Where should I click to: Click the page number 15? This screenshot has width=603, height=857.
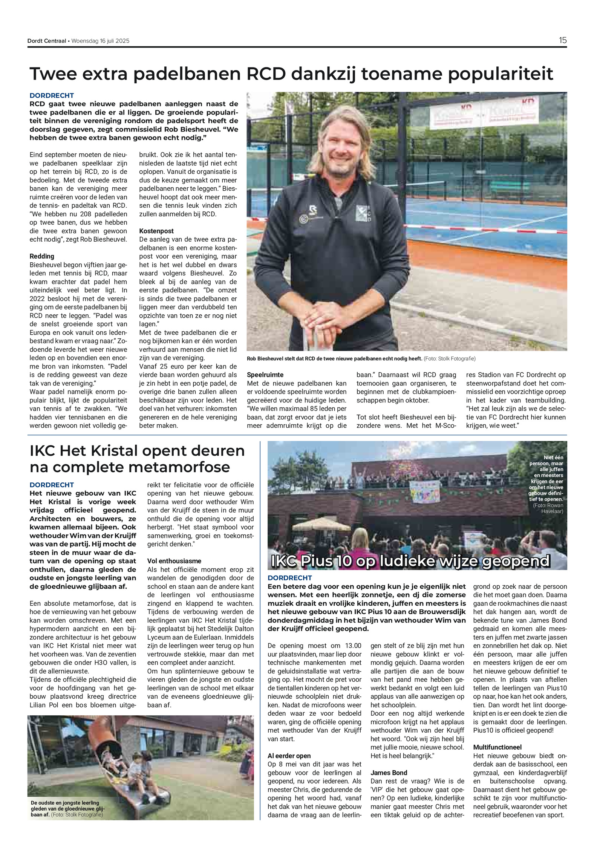click(562, 40)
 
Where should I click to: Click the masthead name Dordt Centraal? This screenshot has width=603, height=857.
click(47, 41)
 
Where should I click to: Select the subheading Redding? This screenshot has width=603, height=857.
click(42, 256)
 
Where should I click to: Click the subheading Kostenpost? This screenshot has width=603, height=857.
click(156, 231)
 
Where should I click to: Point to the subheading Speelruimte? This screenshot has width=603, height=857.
click(265, 375)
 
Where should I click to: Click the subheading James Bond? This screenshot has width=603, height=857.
click(389, 773)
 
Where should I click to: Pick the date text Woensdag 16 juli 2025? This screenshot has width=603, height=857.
click(100, 41)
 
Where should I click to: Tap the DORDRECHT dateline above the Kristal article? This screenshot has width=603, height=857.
click(52, 485)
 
